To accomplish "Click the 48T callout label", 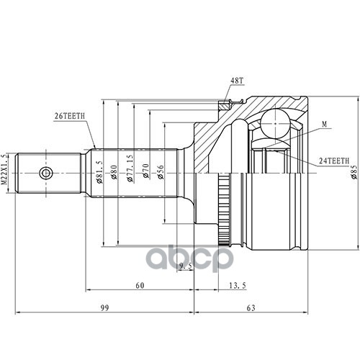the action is pos(237,81).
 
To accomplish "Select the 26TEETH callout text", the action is pos(70,117).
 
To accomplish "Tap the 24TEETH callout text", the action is pos(334,161).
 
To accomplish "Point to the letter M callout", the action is pos(325,125).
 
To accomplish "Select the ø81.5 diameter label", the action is pos(99,172).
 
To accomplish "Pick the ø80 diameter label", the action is pos(114,172).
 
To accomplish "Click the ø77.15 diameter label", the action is pos(130,168).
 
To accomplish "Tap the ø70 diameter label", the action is pos(146,171).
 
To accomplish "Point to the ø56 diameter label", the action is pos(161,172).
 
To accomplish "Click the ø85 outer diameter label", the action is pos(354,172).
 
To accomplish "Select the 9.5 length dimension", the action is pos(186,266).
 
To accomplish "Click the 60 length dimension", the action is pos(140,286).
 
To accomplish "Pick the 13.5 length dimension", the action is pos(238,286).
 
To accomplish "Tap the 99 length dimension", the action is pos(104,307).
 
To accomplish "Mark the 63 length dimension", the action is pos(251,307).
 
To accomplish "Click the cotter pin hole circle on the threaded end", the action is pos(45,173).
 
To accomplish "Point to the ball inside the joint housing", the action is pos(275,123).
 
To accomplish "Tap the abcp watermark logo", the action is pos(189,258).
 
